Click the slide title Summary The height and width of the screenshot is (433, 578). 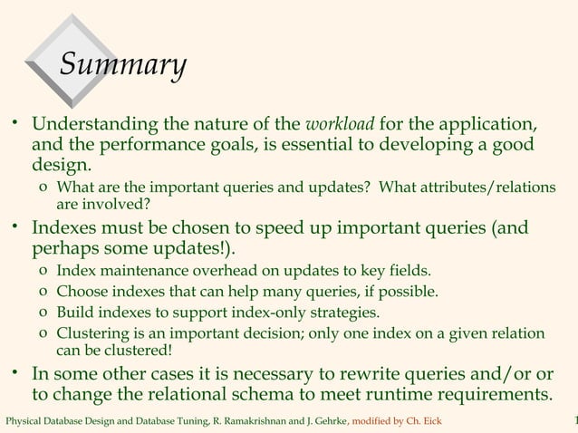(122, 64)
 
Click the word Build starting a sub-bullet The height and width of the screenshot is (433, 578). (73, 313)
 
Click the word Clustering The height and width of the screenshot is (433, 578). (91, 333)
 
